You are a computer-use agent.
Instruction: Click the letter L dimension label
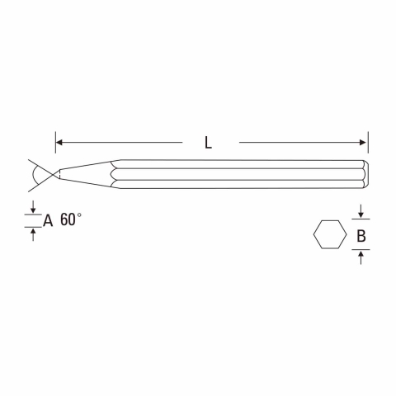tap(208, 143)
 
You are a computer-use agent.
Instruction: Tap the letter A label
tap(48, 220)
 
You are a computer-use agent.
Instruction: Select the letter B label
tap(361, 236)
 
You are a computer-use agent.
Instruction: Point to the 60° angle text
tap(71, 219)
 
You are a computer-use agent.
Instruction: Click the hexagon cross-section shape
tap(330, 234)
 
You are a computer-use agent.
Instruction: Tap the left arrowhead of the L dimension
tap(59, 143)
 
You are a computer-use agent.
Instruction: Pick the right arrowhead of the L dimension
tap(363, 143)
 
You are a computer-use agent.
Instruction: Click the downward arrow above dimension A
tap(33, 207)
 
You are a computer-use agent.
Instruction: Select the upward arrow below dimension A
tap(33, 235)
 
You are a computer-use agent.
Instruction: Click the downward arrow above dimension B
tap(361, 211)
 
